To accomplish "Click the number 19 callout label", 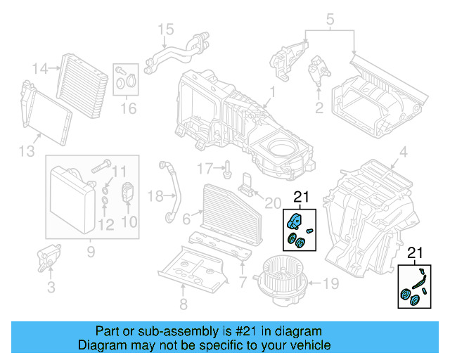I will pos(330,285).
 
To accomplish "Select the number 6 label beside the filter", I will pos(187,220).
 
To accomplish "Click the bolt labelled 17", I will pos(229,168).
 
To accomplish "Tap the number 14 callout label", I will pos(41,68).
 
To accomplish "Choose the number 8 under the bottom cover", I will pos(184,304).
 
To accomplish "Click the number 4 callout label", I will pos(403,152).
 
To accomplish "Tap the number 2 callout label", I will pos(319,108).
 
